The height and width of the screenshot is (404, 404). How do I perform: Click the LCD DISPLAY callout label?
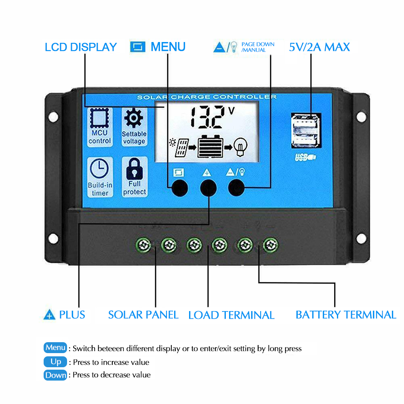81,47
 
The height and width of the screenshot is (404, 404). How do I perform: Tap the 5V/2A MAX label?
320,47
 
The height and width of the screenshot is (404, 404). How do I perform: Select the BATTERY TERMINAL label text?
346,315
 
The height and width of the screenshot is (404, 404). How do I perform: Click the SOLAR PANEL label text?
143,315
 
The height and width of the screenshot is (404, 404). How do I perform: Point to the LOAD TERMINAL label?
231,315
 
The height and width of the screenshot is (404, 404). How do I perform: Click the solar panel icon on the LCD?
179,147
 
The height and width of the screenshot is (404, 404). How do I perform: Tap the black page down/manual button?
236,188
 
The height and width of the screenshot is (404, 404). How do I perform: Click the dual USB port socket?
306,130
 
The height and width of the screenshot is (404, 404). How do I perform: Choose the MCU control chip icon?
99,118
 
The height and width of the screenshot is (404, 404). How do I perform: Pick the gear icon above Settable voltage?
134,118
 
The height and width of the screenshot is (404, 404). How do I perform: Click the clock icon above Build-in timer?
99,169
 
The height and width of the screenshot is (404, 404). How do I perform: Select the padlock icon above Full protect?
134,169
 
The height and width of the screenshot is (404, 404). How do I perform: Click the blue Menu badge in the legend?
55,347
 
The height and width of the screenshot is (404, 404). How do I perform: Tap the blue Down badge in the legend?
55,375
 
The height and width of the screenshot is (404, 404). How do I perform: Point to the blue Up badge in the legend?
55,362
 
